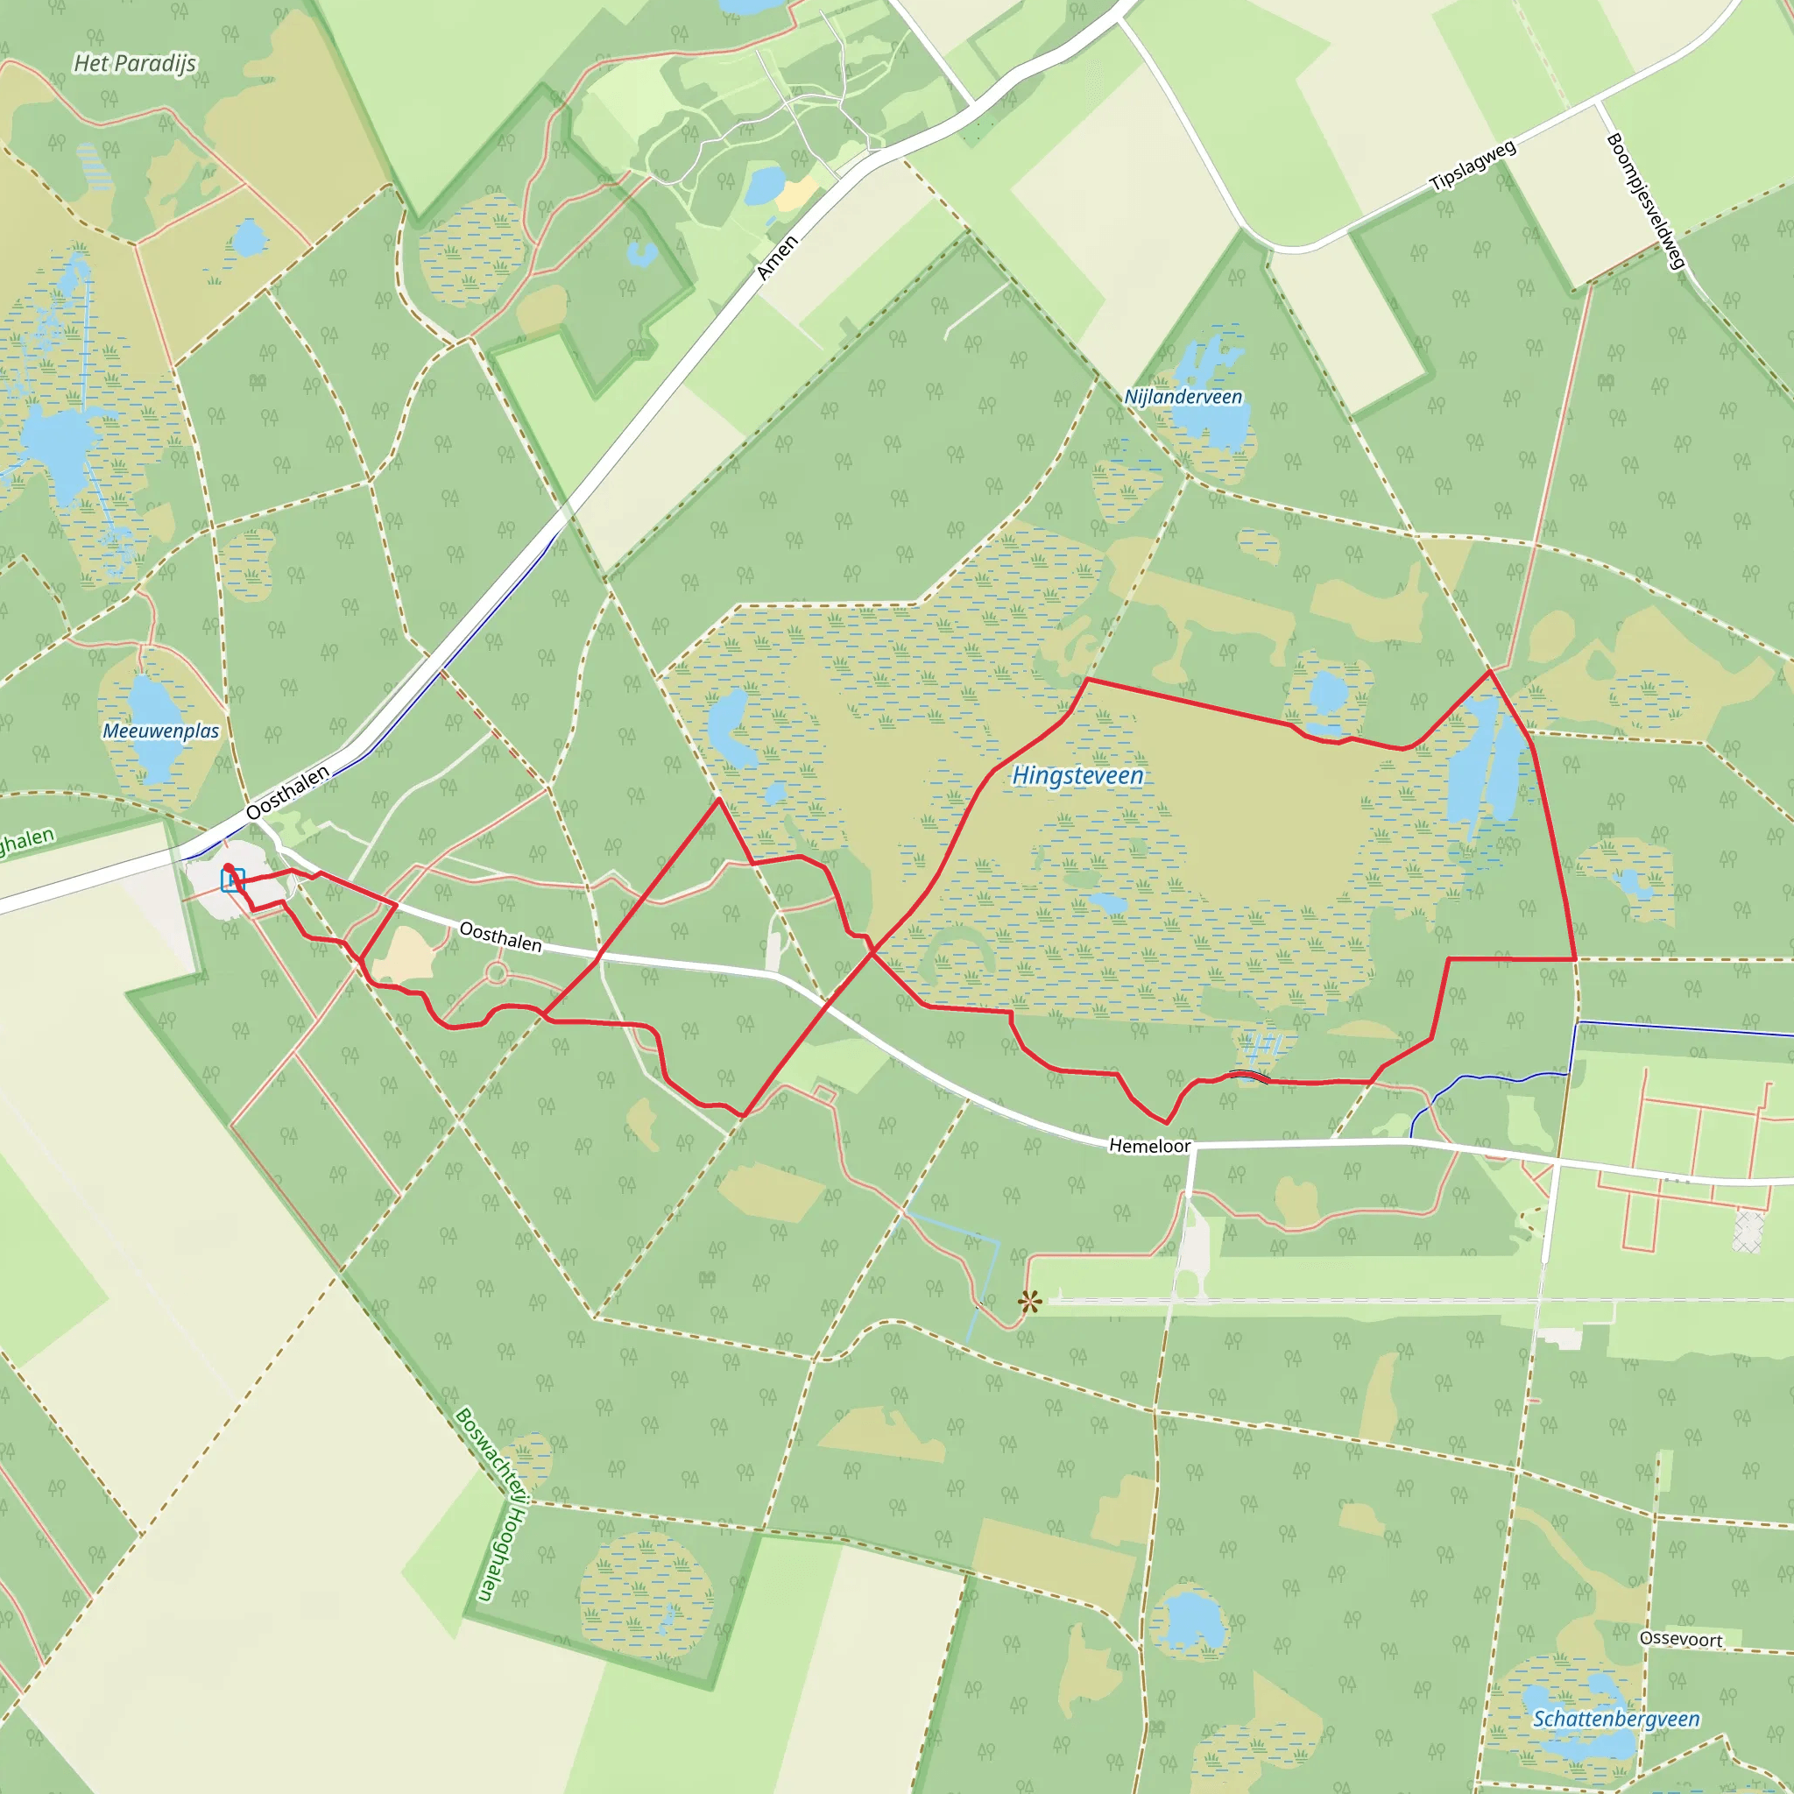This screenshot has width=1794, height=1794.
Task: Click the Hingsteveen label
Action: pos(1077,775)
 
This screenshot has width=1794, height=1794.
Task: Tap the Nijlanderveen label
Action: pos(1183,397)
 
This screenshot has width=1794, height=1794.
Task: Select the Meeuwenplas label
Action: pos(160,731)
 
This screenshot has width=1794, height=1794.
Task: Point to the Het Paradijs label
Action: pos(135,63)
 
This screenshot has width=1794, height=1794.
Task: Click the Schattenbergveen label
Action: pos(1615,1719)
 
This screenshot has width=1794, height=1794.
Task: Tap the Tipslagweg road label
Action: pos(1473,166)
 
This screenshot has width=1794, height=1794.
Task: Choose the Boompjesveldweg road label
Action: pos(1644,201)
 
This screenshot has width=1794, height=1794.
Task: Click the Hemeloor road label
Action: pos(1149,1146)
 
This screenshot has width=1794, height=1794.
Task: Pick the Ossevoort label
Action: pos(1681,1639)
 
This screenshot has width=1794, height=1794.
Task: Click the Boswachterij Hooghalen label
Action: pos(492,1504)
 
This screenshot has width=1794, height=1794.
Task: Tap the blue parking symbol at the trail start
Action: pos(232,879)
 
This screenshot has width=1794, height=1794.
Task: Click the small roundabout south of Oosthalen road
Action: pos(496,973)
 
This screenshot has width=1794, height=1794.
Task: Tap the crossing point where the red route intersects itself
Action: pos(872,950)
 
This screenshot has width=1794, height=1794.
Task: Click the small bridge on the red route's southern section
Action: pos(1248,1076)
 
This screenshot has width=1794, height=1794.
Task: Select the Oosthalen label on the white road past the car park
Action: pos(500,936)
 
